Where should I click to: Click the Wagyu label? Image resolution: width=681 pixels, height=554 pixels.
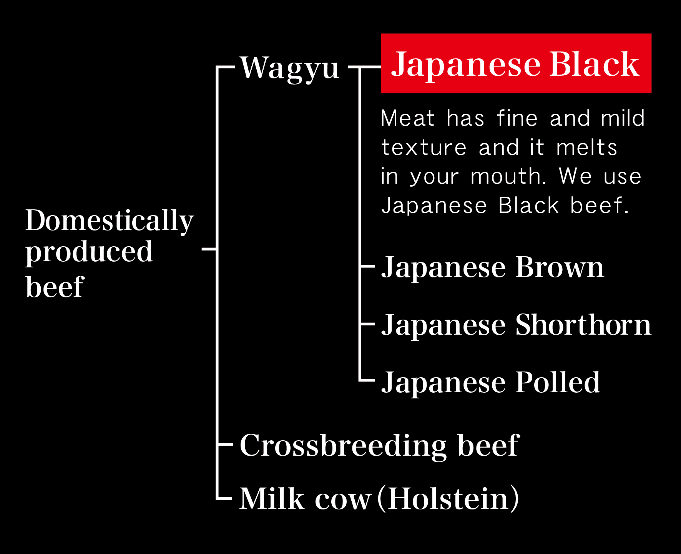pos(289,68)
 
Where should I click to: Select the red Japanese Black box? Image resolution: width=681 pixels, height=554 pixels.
pos(516,63)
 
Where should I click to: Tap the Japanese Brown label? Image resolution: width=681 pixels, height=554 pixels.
pos(492,268)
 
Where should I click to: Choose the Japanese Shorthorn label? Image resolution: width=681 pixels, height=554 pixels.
pos(516,325)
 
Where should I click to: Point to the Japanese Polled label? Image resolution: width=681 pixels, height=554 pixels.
pos(490,383)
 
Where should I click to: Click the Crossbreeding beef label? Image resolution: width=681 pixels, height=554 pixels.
pos(379,446)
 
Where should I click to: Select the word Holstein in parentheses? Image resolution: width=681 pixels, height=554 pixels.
pos(448,499)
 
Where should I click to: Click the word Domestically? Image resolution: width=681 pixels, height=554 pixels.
pos(110,221)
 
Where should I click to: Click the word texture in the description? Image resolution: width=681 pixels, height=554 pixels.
pos(424,148)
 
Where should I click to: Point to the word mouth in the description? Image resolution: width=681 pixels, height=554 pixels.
pos(508,177)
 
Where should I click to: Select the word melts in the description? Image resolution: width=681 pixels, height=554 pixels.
pos(586,148)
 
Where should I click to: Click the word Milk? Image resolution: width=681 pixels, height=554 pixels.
pos(272,499)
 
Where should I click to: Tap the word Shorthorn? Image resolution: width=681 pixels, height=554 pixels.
pos(583,325)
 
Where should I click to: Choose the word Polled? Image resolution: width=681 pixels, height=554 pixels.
pos(558,382)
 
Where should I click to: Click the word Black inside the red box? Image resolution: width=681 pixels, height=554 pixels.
pos(595,64)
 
